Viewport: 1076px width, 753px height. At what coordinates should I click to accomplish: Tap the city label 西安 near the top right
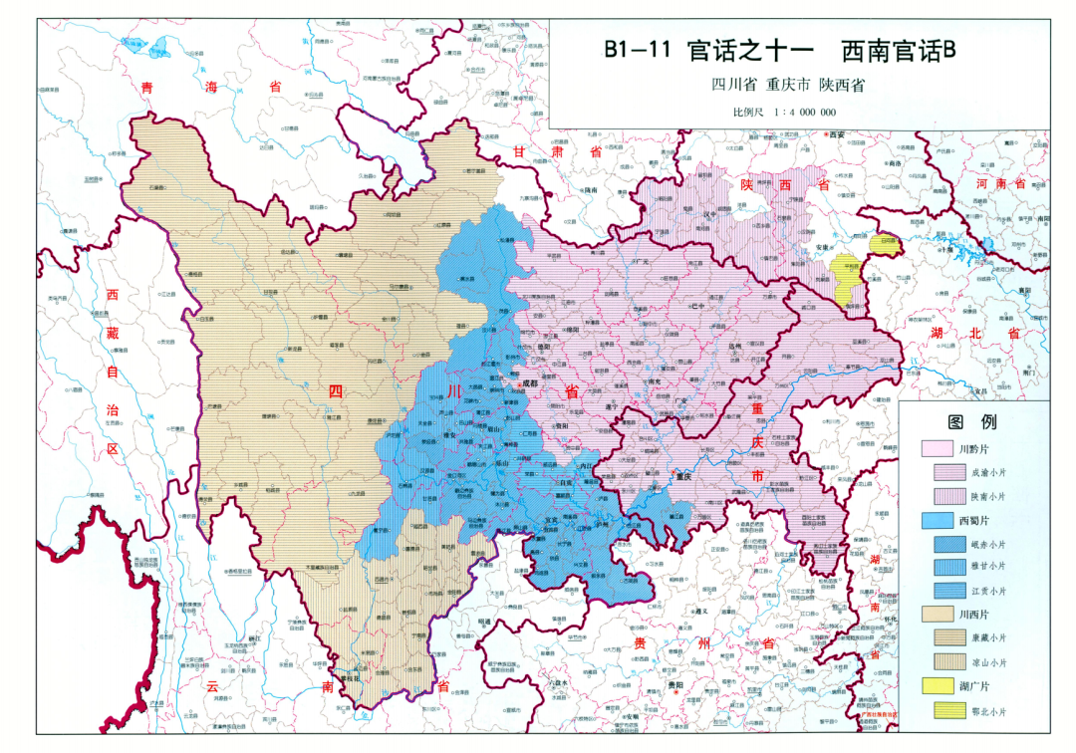(x=833, y=134)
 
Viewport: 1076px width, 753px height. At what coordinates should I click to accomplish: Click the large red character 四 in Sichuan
(x=337, y=391)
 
